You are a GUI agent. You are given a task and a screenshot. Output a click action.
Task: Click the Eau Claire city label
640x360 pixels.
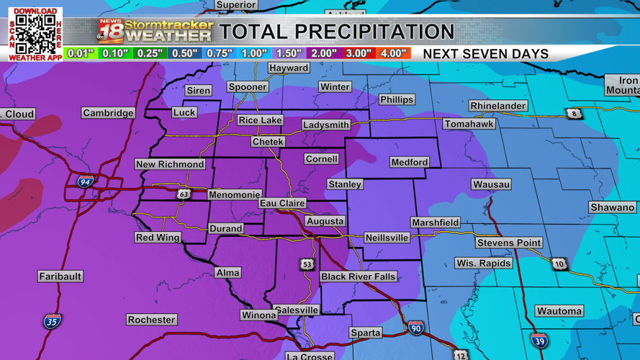282,204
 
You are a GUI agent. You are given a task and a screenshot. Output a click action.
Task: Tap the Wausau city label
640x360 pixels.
492,184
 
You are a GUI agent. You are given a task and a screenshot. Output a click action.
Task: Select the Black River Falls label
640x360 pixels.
359,276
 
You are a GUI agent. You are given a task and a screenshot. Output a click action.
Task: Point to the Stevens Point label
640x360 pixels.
509,243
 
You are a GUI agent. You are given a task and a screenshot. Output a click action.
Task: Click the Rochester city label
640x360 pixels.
151,320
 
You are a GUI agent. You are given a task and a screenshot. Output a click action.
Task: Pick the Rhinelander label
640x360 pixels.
498,106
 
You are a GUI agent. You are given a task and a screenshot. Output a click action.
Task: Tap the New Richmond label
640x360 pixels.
171,164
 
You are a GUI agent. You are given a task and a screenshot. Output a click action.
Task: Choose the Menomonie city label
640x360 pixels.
234,194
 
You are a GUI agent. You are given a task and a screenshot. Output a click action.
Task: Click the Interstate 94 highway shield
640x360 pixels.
86,182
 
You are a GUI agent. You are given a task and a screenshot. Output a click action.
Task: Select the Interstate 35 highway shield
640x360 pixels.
52,320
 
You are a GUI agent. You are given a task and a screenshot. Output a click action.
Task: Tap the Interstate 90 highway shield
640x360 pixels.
416,328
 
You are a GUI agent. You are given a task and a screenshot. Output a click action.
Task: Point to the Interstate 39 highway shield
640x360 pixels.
539,340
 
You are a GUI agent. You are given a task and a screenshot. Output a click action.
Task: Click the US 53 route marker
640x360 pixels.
307,265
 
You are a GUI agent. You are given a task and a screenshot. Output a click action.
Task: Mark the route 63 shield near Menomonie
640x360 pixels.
184,194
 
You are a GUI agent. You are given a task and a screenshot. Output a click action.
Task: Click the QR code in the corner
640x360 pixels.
35,34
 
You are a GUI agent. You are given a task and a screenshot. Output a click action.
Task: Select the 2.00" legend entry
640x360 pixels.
323,53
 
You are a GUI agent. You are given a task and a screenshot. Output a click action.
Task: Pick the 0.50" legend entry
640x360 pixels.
184,53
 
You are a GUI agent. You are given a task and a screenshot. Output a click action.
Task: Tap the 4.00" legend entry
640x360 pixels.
393,53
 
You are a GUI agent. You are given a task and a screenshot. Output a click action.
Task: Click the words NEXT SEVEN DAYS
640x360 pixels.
485,54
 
